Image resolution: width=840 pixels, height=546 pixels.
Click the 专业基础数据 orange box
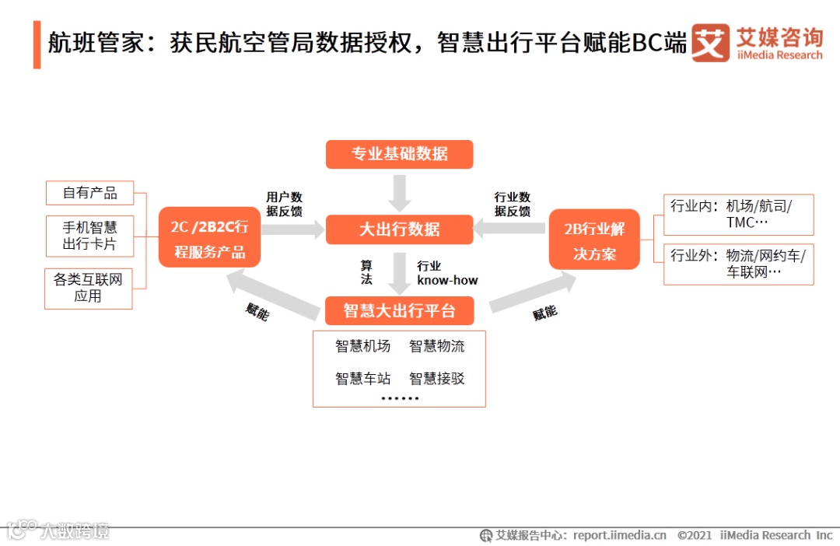[x=399, y=154]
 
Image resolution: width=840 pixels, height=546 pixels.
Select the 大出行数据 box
[x=399, y=229]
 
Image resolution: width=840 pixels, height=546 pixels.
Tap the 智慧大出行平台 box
[x=399, y=311]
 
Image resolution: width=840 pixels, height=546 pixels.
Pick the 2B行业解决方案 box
[x=594, y=240]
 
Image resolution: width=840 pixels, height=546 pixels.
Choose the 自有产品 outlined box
[x=89, y=193]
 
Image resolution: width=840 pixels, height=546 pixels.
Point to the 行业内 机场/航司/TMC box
[x=738, y=215]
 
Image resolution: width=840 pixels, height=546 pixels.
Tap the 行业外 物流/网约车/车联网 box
[x=738, y=264]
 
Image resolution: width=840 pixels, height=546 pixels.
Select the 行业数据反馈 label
[x=513, y=204]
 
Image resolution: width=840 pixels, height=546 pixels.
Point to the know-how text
[x=447, y=280]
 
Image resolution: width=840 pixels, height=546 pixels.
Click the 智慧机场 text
[x=362, y=346]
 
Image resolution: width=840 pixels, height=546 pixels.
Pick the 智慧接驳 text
[x=436, y=379]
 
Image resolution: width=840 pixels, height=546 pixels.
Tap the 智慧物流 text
[x=436, y=346]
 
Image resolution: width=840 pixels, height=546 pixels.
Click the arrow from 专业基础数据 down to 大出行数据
[x=400, y=192]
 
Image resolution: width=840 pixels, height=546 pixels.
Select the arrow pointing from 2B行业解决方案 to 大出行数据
[x=509, y=229]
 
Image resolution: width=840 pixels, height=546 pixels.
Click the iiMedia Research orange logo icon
[x=710, y=44]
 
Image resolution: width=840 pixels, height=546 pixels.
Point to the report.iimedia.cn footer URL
[x=619, y=535]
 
